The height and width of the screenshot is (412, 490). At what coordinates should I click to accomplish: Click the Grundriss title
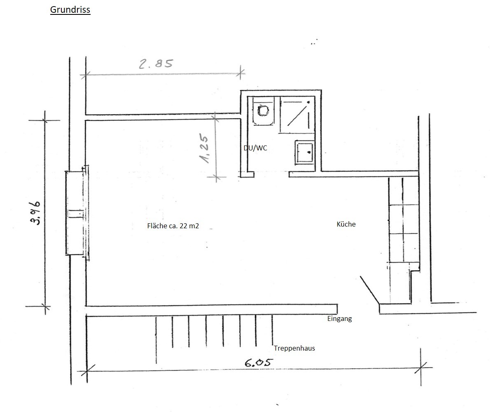point(70,10)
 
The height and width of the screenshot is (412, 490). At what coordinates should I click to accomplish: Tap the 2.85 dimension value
point(156,64)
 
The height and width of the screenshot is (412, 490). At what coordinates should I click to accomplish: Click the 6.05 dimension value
point(259,363)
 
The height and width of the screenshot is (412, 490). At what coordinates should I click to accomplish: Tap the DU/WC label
point(255,148)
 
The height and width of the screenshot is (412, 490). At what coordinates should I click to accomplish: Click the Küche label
point(346,224)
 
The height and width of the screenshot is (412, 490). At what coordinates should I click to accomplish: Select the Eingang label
point(339,319)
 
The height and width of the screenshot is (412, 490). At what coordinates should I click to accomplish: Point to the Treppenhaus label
point(294,348)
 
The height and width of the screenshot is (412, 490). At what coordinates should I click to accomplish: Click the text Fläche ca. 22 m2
point(173,226)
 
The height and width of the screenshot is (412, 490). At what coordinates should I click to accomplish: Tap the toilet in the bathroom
point(263,111)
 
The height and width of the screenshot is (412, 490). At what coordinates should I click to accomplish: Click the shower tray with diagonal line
point(297,115)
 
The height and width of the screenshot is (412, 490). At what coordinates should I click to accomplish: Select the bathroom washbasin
point(305,152)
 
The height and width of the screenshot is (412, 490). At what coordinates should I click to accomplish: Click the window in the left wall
point(77,213)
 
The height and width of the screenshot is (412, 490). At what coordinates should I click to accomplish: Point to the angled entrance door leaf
point(370,290)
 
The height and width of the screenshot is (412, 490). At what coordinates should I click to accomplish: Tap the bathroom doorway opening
point(271,174)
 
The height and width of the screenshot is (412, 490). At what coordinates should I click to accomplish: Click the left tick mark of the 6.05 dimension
point(86,371)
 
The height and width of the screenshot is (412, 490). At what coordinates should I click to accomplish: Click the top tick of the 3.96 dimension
point(44,120)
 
